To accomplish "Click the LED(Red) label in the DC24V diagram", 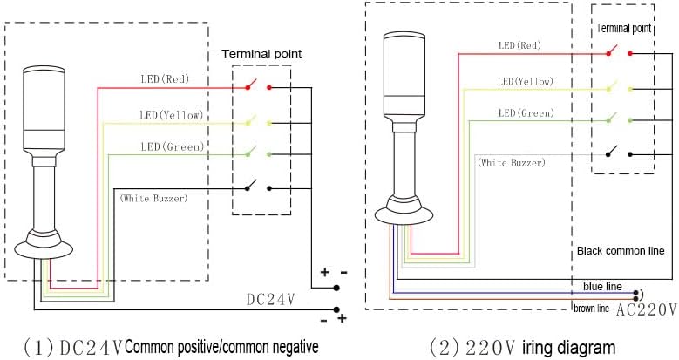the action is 165,78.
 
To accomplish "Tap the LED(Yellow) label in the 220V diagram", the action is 526,81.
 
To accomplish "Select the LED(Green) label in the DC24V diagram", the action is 173,146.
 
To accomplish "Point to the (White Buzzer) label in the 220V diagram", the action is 511,163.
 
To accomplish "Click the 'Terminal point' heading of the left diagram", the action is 261,54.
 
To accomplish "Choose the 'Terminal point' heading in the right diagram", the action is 623,28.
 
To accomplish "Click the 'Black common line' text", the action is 621,251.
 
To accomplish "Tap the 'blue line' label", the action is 602,287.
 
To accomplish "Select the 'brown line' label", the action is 591,309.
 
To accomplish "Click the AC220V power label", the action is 646,309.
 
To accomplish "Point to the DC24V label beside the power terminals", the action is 271,299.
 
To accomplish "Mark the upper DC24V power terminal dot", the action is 336,288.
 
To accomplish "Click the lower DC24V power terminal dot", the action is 336,309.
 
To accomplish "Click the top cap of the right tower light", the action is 406,37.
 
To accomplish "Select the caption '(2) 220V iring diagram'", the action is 522,348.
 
